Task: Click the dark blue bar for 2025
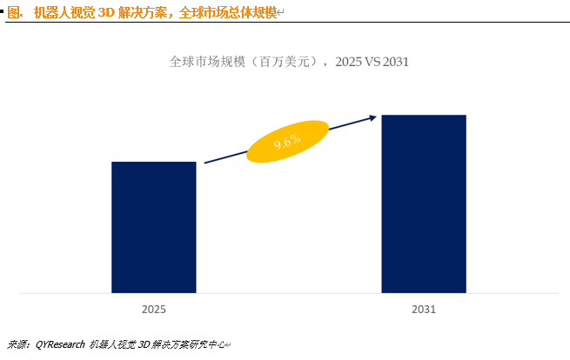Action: pyautogui.click(x=154, y=227)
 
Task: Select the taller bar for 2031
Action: pyautogui.click(x=424, y=203)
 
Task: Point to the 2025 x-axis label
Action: pyautogui.click(x=154, y=309)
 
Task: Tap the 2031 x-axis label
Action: pyautogui.click(x=424, y=309)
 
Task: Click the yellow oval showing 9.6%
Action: pyautogui.click(x=287, y=141)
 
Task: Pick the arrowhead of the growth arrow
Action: pyautogui.click(x=373, y=117)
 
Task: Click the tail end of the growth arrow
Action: pyautogui.click(x=206, y=163)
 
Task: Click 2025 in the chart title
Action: pyautogui.click(x=348, y=63)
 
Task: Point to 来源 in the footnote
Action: pyautogui.click(x=16, y=344)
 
